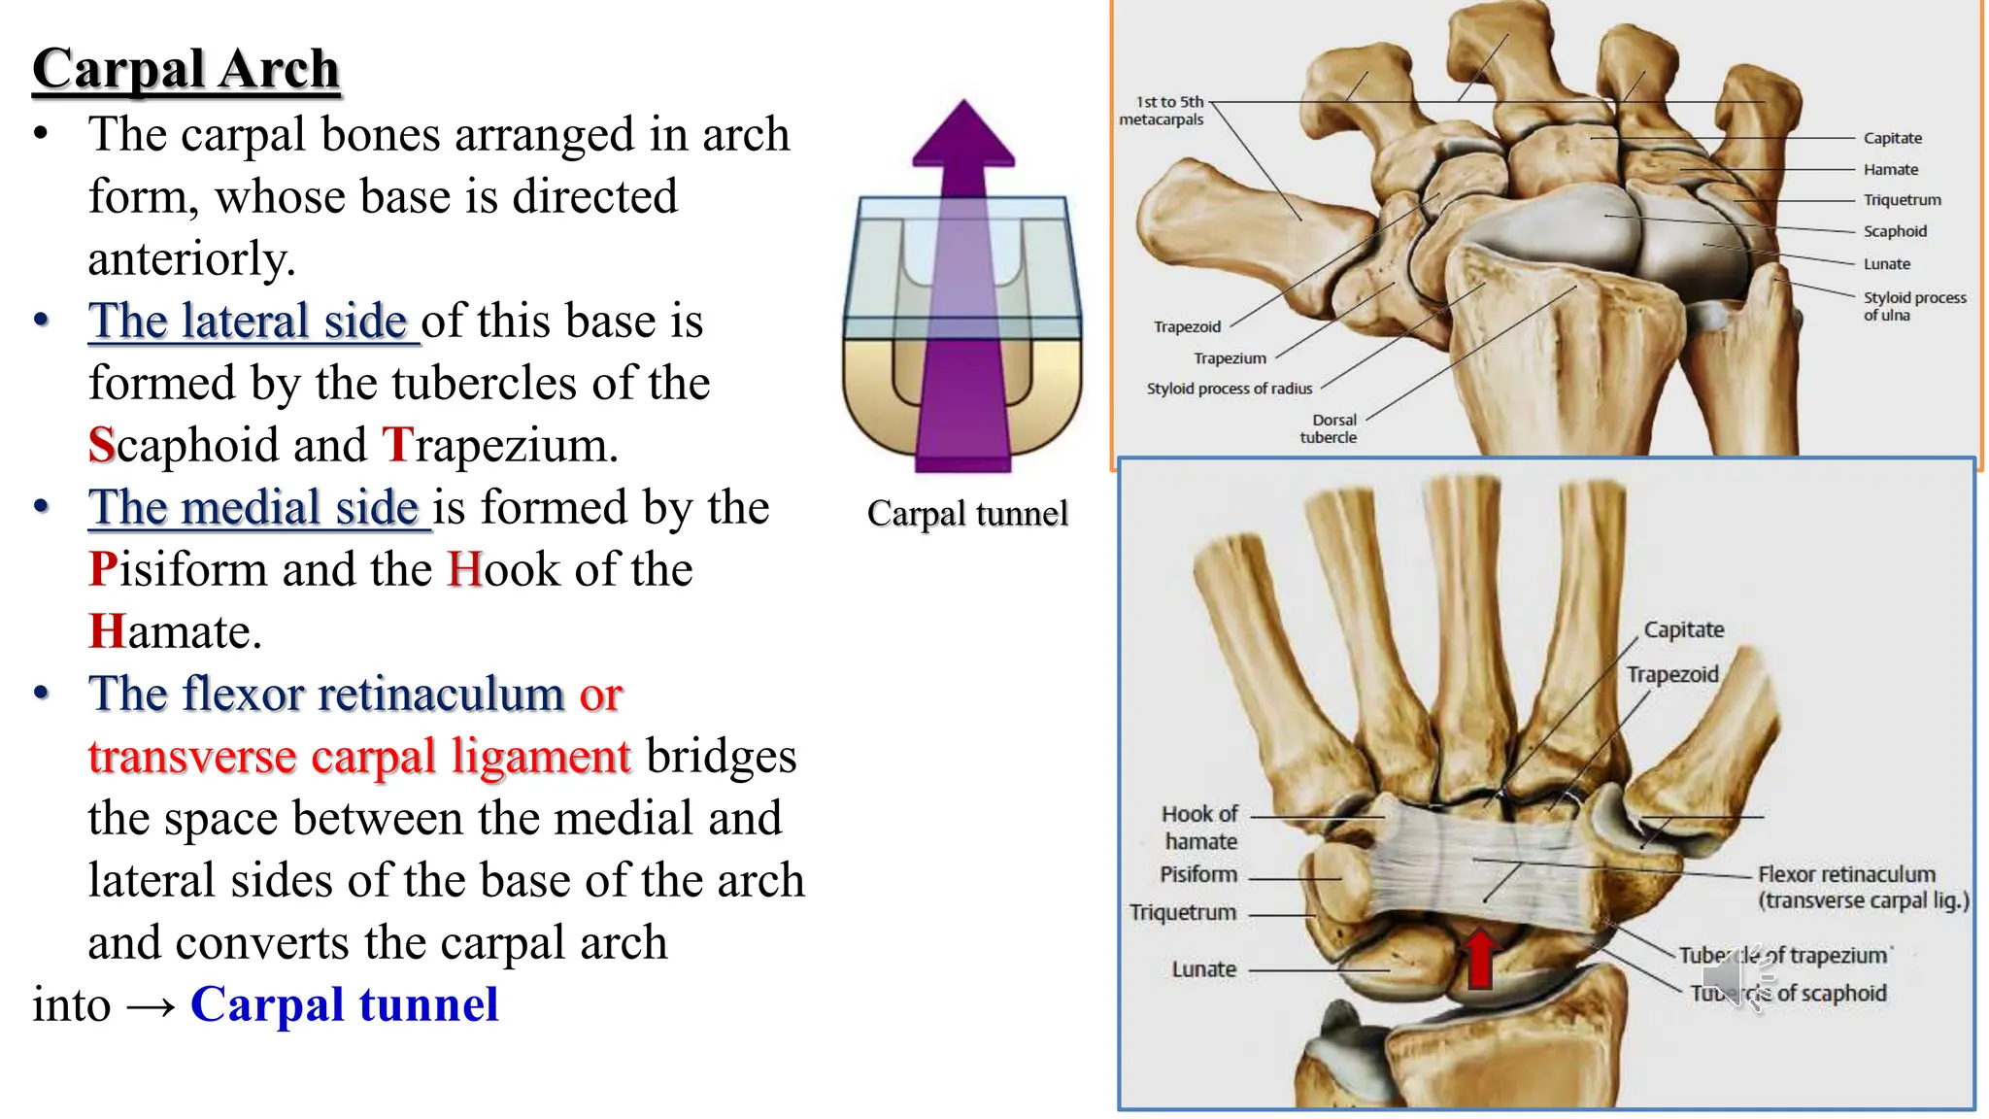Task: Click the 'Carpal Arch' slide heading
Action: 185,69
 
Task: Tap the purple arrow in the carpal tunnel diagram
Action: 962,291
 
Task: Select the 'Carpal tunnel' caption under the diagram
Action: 967,513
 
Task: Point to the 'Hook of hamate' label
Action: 1200,828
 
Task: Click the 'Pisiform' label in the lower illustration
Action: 1198,874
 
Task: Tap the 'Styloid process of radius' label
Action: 1229,389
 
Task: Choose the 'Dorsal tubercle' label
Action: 1331,428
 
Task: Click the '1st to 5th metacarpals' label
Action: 1163,111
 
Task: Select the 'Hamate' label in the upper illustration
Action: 1890,169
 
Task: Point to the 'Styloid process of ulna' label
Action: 1913,306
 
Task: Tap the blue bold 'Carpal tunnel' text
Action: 345,1004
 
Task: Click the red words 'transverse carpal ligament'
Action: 359,757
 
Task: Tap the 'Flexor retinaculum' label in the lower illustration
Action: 1846,874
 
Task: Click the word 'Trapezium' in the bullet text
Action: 499,445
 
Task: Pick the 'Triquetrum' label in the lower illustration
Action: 1182,913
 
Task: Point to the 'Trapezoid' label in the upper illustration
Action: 1187,326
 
